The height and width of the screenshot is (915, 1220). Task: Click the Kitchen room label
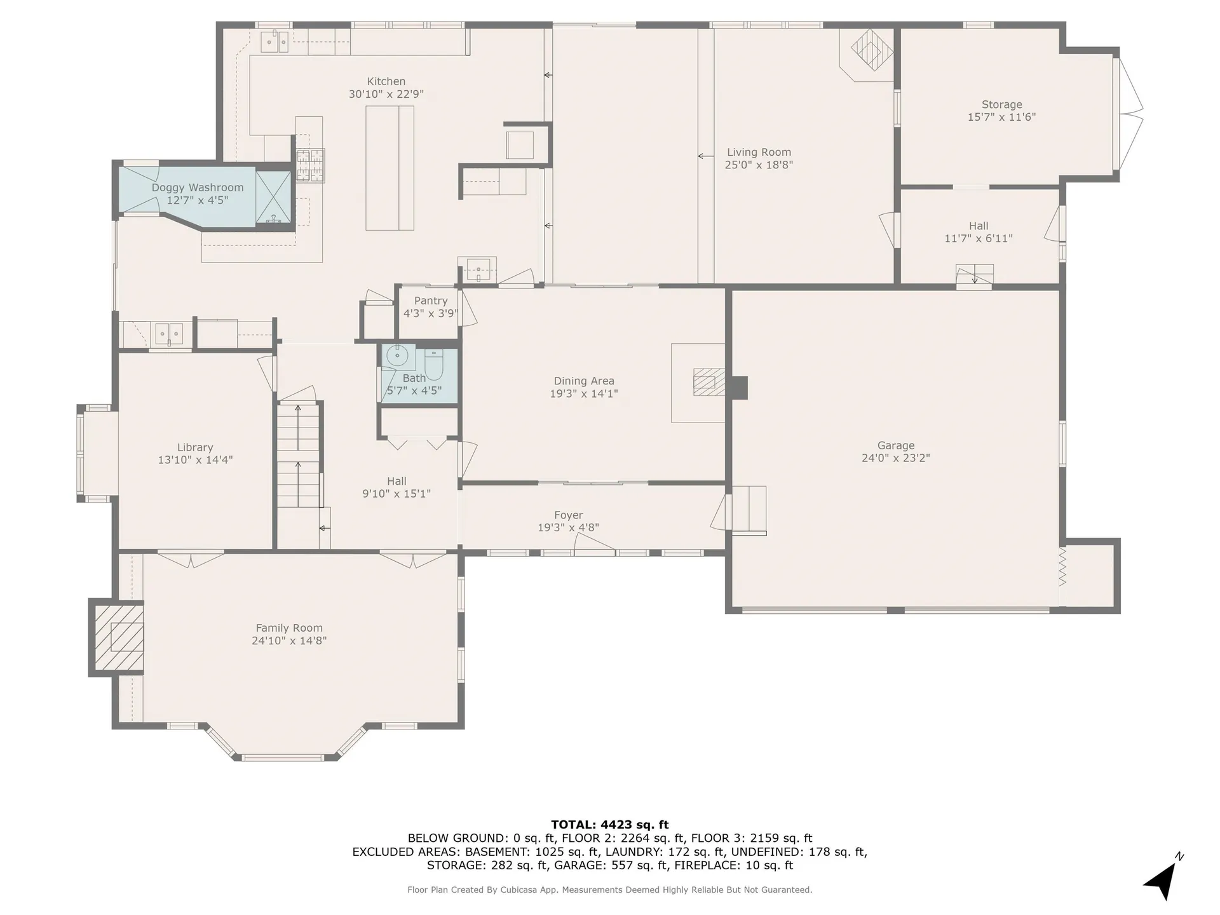pyautogui.click(x=386, y=81)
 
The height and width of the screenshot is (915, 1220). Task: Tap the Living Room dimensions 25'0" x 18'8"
pyautogui.click(x=759, y=165)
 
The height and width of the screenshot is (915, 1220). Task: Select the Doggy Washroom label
pyautogui.click(x=197, y=187)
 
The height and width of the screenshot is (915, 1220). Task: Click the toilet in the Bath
pyautogui.click(x=434, y=363)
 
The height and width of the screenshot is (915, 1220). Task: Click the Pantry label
pyautogui.click(x=430, y=301)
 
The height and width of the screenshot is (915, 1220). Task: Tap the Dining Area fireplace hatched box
pyautogui.click(x=705, y=382)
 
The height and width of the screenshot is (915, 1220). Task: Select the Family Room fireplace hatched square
pyautogui.click(x=119, y=637)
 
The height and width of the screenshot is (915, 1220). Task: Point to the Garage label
pyautogui.click(x=895, y=445)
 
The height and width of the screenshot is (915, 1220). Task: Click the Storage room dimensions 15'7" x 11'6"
pyautogui.click(x=1001, y=117)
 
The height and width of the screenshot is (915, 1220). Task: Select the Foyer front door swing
pyautogui.click(x=593, y=542)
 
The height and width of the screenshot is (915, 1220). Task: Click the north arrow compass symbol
pyautogui.click(x=1163, y=879)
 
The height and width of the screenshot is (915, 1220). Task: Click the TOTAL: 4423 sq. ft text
pyautogui.click(x=609, y=825)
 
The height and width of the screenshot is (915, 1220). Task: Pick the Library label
pyautogui.click(x=194, y=447)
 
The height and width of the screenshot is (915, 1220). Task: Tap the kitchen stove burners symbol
pyautogui.click(x=310, y=165)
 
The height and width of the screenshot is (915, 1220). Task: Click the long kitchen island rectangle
pyautogui.click(x=390, y=168)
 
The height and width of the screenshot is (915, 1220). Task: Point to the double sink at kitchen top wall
pyautogui.click(x=275, y=42)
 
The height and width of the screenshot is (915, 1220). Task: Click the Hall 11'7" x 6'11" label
pyautogui.click(x=978, y=232)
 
